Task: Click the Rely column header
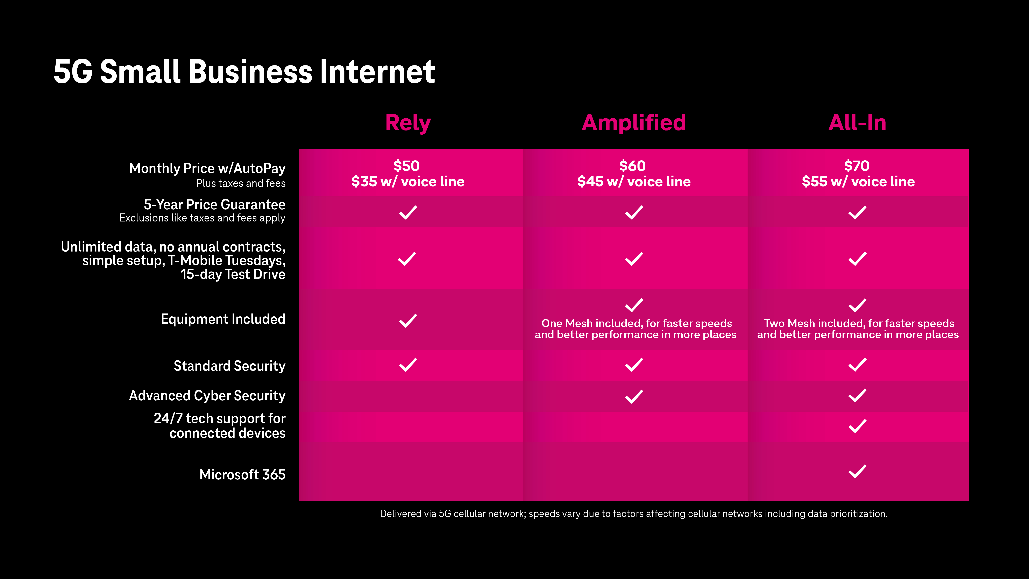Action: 408,123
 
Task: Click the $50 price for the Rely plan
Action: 407,166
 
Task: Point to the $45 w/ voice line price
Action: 634,181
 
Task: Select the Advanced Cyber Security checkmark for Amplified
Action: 634,396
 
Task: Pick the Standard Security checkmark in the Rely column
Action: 408,365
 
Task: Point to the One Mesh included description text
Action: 636,329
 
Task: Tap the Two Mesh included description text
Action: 858,329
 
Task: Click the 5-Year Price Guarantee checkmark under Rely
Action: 408,212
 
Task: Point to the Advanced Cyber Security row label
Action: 207,396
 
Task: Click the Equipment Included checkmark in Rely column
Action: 408,320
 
